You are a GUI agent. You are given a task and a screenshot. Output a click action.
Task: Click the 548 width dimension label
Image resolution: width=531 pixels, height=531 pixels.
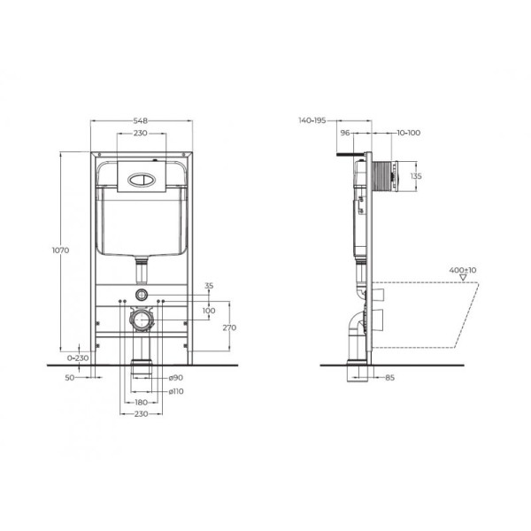point(140,121)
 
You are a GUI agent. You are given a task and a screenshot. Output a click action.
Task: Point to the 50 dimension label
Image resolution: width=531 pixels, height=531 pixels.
point(72,377)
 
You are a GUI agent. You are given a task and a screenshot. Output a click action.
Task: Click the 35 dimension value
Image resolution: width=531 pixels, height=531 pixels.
point(209,285)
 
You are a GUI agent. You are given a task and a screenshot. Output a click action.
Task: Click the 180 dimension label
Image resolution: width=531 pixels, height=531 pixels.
point(140,402)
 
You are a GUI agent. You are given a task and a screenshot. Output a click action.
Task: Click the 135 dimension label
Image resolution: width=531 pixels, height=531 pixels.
point(416,176)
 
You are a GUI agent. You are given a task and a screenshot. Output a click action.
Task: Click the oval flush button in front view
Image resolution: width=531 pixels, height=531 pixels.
point(140,175)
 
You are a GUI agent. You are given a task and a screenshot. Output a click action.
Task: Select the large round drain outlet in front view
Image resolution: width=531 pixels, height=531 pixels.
point(140,319)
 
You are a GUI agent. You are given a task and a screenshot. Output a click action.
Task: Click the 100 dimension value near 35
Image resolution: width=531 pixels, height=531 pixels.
point(209,311)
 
